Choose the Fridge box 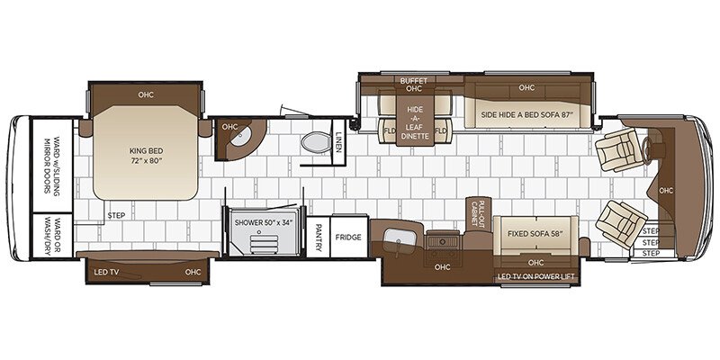pyautogui.click(x=348, y=237)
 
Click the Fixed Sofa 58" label pyautogui.click(x=529, y=234)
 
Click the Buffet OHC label pyautogui.click(x=414, y=85)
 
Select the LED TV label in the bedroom pyautogui.click(x=109, y=272)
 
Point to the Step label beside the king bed pyautogui.click(x=116, y=216)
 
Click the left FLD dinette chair pyautogui.click(x=390, y=131)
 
